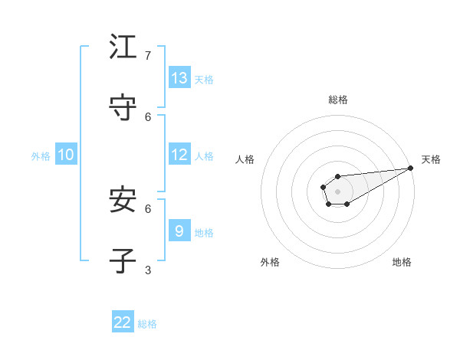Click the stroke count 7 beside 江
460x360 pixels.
click(x=148, y=56)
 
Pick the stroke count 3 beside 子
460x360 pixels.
click(x=148, y=270)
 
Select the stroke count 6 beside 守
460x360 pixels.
click(x=148, y=116)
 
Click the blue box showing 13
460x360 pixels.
click(x=179, y=78)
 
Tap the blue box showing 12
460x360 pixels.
click(x=179, y=155)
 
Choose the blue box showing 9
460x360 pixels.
click(x=179, y=231)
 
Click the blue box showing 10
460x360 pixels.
click(x=65, y=155)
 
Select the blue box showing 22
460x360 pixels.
click(x=123, y=322)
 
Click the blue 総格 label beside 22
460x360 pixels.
click(x=147, y=324)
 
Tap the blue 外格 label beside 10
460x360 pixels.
click(x=41, y=156)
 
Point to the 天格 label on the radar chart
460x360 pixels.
click(x=431, y=159)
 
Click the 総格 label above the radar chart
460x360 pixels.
click(x=337, y=100)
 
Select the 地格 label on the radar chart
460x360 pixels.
click(x=402, y=262)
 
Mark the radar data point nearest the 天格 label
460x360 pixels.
click(x=410, y=169)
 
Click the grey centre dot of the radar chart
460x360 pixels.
click(x=337, y=191)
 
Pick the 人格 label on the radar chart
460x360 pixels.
click(x=245, y=159)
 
